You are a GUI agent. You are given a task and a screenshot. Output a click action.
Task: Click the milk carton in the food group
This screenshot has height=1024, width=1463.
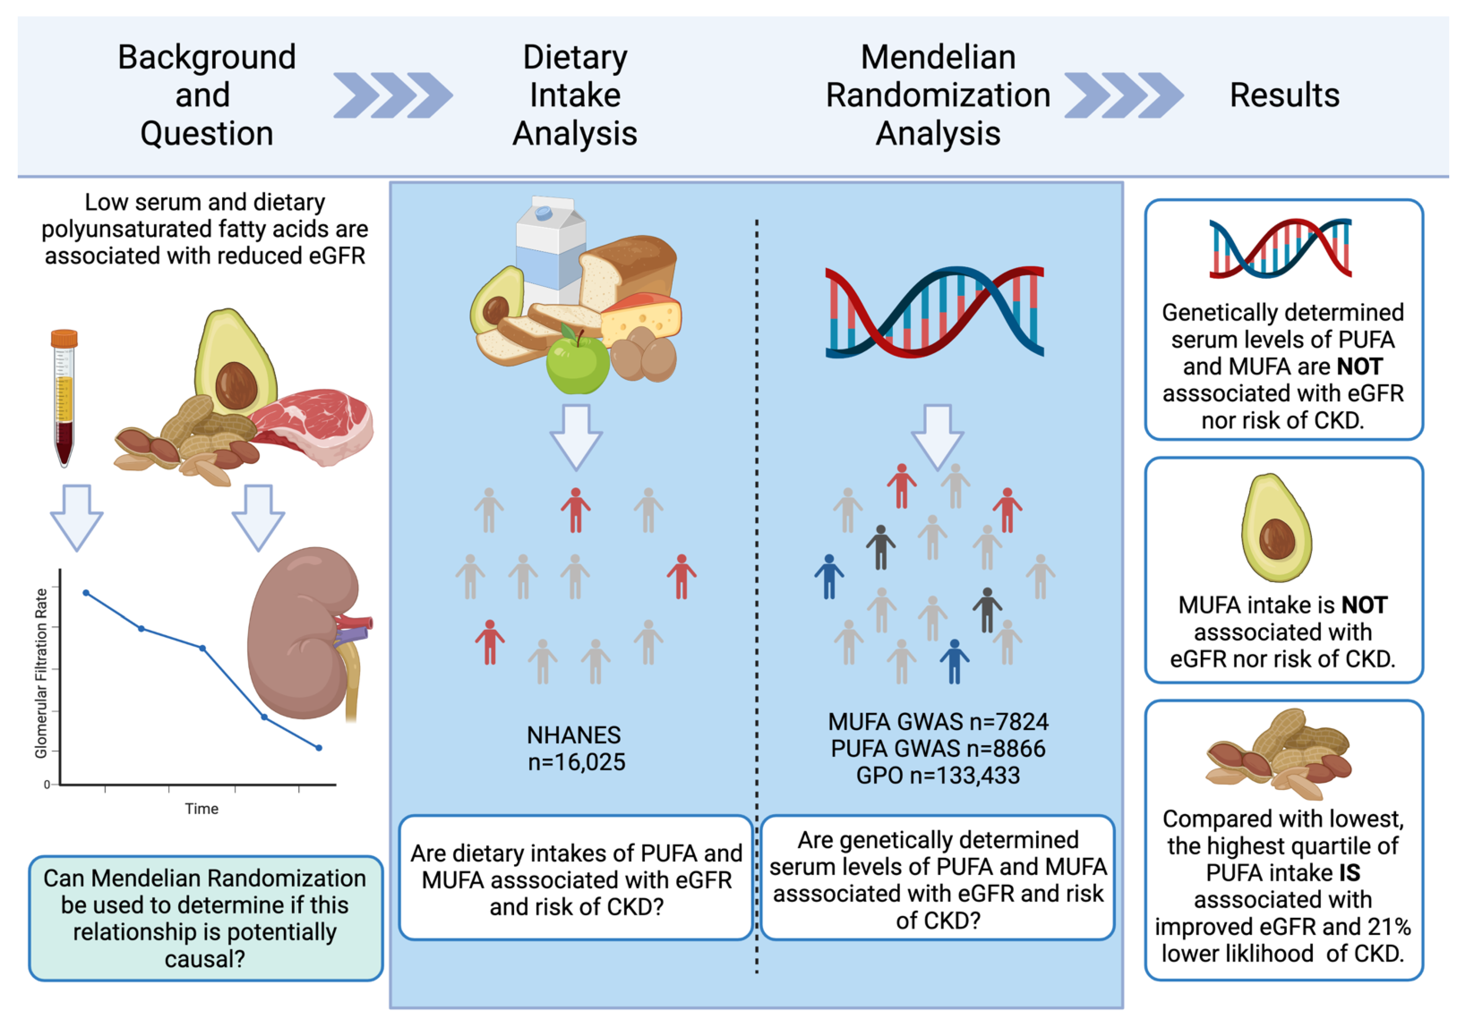pos(548,248)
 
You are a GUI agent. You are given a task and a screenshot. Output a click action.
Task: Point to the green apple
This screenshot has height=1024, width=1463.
pos(577,363)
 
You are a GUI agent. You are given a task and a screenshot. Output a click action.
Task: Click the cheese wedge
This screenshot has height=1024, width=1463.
pos(640,318)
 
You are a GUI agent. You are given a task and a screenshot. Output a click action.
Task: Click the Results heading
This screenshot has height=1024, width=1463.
pos(1284,95)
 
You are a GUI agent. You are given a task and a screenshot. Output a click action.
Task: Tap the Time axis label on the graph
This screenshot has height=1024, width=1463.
pos(201,809)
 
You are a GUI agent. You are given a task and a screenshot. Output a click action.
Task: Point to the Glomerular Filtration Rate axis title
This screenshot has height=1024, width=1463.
pos(41,673)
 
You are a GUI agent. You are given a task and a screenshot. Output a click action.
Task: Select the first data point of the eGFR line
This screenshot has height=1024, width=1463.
pos(86,593)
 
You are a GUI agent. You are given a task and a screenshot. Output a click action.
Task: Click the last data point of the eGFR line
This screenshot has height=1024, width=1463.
pos(319,748)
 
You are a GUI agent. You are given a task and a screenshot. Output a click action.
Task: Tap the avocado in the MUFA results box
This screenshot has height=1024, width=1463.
pos(1276,529)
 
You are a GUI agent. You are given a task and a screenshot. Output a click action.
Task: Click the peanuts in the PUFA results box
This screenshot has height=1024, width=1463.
pos(1278,754)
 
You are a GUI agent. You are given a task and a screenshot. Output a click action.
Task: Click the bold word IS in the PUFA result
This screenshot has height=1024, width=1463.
pos(1349,873)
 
